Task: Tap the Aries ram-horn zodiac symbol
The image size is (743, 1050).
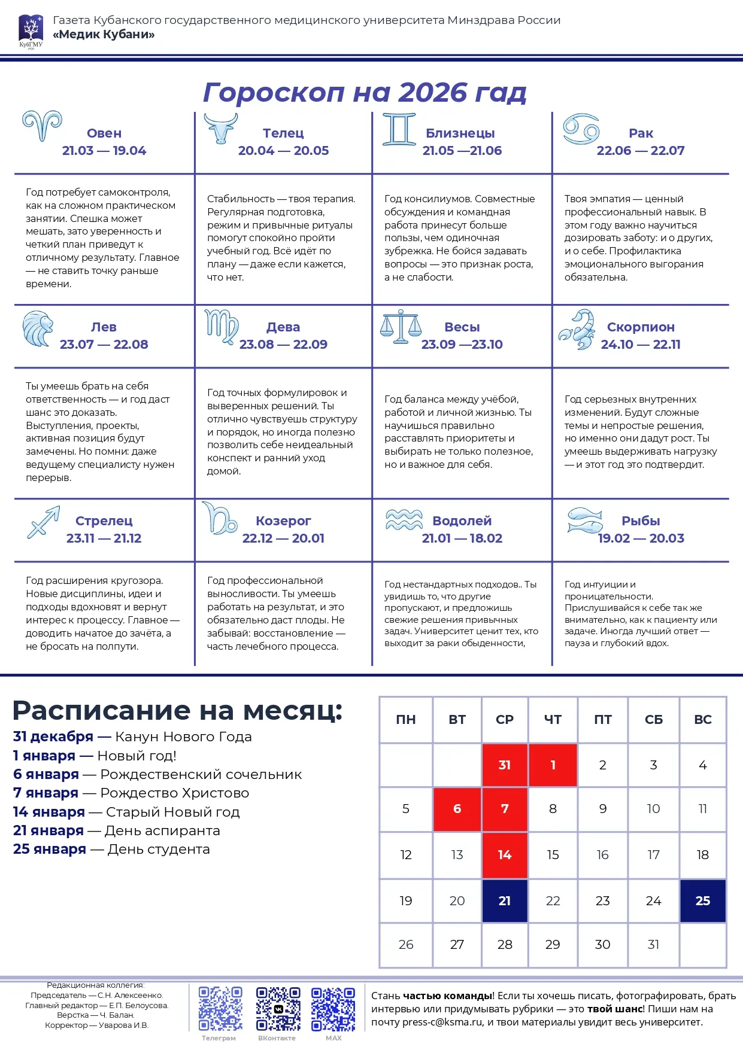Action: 42,126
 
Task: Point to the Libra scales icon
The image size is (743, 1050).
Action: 401,326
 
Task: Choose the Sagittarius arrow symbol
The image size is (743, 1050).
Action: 44,522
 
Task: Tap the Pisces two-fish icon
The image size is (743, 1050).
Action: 584,520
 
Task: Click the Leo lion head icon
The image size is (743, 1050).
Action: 37,328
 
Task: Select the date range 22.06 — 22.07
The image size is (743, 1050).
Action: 640,151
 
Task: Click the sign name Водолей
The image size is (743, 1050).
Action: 462,521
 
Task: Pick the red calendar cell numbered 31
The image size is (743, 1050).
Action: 505,765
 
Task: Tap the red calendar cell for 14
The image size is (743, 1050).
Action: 505,855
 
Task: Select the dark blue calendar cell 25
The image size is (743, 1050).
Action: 703,900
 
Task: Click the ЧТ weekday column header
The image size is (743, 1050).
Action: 553,720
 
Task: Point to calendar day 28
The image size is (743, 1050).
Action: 505,945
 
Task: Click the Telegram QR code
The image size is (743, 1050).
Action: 220,1009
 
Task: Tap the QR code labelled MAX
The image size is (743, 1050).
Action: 333,1009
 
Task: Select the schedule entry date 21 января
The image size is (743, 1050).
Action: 48,830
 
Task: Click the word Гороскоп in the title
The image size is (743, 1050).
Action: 274,92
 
